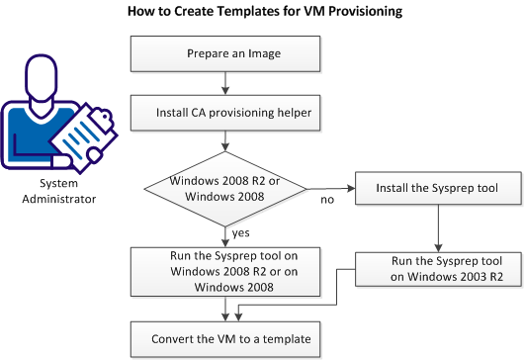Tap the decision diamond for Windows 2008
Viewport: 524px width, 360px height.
pos(226,188)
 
